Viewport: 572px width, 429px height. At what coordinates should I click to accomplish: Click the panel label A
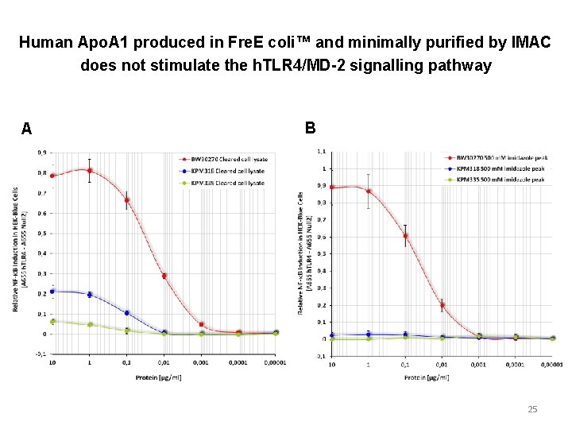(27, 129)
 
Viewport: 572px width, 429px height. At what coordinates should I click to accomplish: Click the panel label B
(310, 128)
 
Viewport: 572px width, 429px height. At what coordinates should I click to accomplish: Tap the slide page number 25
(532, 409)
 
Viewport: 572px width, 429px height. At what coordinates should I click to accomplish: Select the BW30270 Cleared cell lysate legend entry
(227, 159)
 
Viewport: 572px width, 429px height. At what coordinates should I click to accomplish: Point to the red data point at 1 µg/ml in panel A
(90, 170)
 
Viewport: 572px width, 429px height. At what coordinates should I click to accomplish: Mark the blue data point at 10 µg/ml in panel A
(52, 292)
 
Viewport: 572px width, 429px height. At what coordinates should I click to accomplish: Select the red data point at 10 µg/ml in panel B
(331, 187)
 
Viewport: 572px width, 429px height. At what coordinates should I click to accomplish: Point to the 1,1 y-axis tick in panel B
(320, 152)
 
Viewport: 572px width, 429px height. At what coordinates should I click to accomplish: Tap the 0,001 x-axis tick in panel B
(478, 366)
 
